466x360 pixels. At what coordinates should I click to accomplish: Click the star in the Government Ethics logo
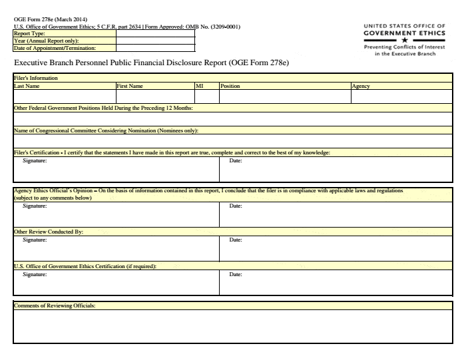pos(404,39)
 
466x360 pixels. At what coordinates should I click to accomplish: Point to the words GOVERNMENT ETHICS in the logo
pos(404,32)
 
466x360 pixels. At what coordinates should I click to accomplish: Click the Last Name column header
pos(27,87)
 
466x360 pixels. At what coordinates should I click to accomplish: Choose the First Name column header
pos(130,87)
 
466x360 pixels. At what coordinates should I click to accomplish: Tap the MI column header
pos(199,87)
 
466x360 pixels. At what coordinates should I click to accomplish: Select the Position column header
pos(230,87)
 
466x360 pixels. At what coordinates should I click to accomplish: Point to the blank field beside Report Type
pos(155,33)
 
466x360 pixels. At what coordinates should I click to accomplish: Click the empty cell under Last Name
pos(64,96)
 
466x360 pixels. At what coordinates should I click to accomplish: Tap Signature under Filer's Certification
pos(35,161)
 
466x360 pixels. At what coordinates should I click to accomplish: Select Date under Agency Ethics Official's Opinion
pos(236,206)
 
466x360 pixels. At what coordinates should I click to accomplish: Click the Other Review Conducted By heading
pos(49,232)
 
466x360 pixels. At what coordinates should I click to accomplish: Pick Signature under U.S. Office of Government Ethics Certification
pos(35,274)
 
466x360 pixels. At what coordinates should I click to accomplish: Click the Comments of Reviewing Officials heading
pos(55,305)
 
